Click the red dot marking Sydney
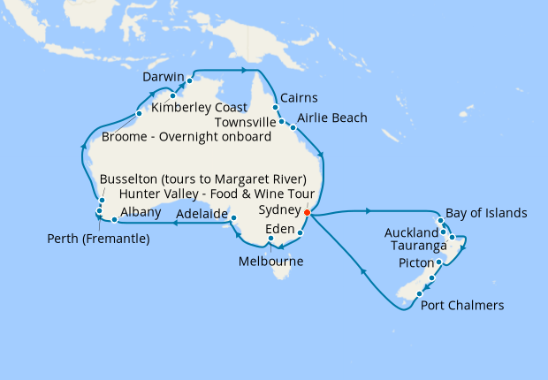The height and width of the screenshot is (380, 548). [x=307, y=213]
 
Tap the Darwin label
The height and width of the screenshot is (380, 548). [x=164, y=78]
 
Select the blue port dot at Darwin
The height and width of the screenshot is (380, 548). [x=190, y=80]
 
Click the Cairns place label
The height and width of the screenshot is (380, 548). [x=300, y=98]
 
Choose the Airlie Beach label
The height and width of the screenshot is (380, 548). [x=332, y=118]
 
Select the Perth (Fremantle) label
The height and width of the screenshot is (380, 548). [x=98, y=239]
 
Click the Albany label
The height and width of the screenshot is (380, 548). [x=140, y=212]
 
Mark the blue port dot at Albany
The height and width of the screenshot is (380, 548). [x=115, y=219]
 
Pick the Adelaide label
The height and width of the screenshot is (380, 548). [x=201, y=214]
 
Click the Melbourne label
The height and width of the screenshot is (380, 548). [x=271, y=262]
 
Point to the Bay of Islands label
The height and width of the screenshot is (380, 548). [x=486, y=213]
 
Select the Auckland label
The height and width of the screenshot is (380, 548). [x=411, y=232]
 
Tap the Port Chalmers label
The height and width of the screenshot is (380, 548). [x=462, y=306]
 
